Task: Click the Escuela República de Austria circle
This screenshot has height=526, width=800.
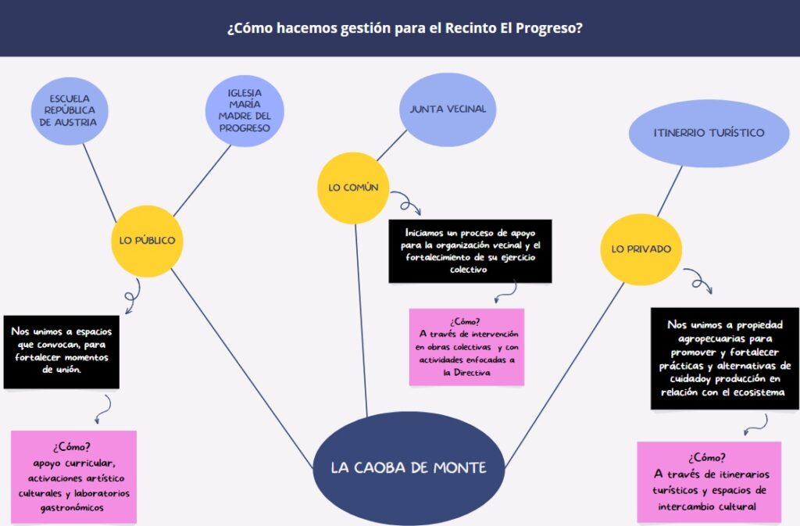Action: [x=70, y=111]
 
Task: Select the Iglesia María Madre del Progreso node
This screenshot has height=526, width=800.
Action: [x=245, y=111]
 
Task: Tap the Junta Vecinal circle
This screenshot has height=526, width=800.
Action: [x=448, y=109]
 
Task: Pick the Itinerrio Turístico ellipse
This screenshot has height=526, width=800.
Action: [x=709, y=133]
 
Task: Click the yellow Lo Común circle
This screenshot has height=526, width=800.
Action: [x=353, y=188]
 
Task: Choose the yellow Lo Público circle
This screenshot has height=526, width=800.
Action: [x=147, y=241]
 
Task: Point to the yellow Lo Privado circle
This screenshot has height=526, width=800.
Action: [x=641, y=249]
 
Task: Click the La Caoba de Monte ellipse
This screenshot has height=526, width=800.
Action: [x=409, y=468]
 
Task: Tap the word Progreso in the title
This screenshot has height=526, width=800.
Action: [x=549, y=27]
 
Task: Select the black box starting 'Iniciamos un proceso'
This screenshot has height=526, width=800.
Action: [x=470, y=251]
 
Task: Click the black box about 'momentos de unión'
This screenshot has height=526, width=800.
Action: [x=61, y=352]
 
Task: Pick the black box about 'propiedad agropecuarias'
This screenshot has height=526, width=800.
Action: [x=724, y=358]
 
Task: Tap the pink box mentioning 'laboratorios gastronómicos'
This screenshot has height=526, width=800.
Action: [x=73, y=477]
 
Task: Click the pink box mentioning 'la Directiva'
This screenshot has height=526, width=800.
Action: [x=466, y=347]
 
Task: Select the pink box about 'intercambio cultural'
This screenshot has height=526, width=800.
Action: [x=709, y=482]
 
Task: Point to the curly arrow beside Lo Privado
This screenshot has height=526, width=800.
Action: [x=698, y=280]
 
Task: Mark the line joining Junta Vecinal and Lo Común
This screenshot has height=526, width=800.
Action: [x=392, y=146]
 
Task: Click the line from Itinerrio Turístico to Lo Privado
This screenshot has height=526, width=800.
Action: [x=670, y=191]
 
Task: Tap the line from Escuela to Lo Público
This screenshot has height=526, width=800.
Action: [x=100, y=183]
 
